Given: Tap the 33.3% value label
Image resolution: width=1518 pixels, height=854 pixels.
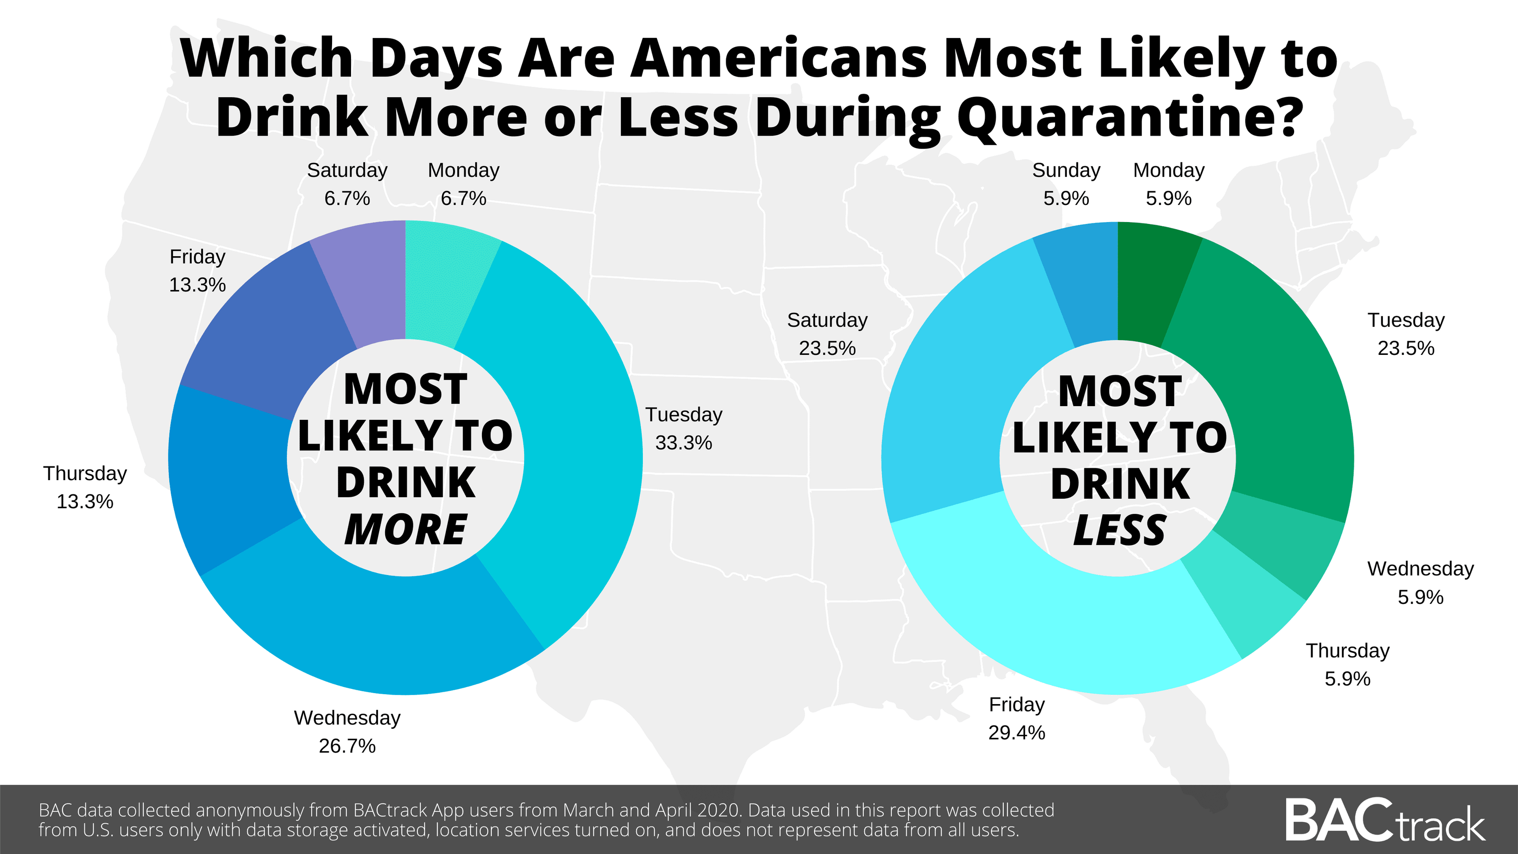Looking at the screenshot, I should pos(684,443).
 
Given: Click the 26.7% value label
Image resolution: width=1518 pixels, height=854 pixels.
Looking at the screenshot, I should pos(347,746).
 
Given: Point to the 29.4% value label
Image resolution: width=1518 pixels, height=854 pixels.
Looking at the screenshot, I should pos(1017,733).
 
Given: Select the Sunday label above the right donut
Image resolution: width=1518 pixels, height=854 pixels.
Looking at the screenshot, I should pos(1066,170).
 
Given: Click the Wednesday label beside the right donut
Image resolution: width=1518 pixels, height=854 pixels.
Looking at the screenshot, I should pos(1420,569).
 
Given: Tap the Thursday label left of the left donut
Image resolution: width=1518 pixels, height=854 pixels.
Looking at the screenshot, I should pos(85,473).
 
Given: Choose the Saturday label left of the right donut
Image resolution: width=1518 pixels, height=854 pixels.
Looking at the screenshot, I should pos(827,320).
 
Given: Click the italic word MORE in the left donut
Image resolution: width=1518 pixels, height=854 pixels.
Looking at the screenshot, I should pos(406,529).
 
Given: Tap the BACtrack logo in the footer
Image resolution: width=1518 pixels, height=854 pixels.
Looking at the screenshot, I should pos(1385,820).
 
